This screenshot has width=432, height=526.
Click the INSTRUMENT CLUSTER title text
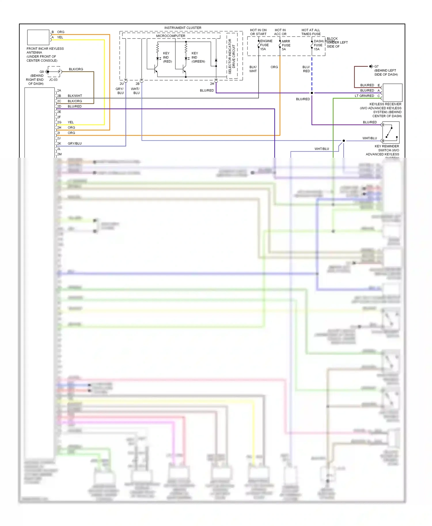pyautogui.click(x=183, y=28)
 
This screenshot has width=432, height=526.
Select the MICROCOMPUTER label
pyautogui.click(x=170, y=36)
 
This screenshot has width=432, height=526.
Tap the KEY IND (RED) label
pyautogui.click(x=167, y=57)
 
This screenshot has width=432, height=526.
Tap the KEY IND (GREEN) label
pyautogui.click(x=198, y=57)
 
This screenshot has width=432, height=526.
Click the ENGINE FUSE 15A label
pyautogui.click(x=266, y=45)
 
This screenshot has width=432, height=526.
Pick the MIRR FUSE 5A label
pyautogui.click(x=286, y=45)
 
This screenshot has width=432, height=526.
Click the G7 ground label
pyautogui.click(x=376, y=66)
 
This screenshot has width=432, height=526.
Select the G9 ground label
pyautogui.click(x=41, y=72)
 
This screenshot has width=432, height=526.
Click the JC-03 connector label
pyautogui.click(x=53, y=80)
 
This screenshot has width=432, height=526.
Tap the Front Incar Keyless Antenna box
pyautogui.click(x=38, y=37)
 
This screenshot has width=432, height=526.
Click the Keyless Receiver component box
pyautogui.click(x=392, y=93)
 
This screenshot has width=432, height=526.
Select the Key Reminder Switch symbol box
pyautogui.click(x=391, y=132)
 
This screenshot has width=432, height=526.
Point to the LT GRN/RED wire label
pyautogui.click(x=364, y=96)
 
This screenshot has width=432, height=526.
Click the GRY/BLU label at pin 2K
pyautogui.click(x=75, y=144)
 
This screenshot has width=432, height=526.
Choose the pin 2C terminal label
pyautogui.click(x=59, y=101)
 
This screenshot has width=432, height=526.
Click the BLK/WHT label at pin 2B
pyautogui.click(x=75, y=96)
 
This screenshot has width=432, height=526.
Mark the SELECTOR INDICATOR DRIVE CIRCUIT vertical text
pyautogui.click(x=232, y=56)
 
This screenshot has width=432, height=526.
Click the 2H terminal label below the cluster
pyautogui.click(x=212, y=84)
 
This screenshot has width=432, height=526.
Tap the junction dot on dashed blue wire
pyautogui.click(x=312, y=93)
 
